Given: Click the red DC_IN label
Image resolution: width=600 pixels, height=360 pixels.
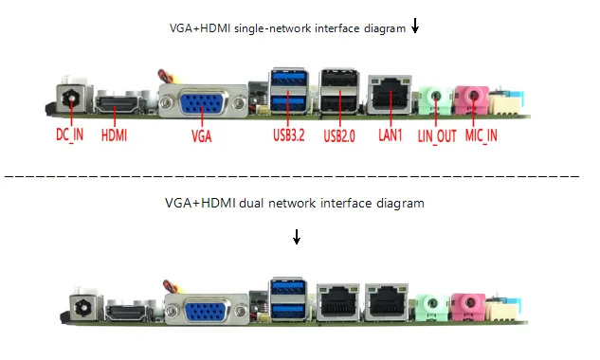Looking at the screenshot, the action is click(x=69, y=135).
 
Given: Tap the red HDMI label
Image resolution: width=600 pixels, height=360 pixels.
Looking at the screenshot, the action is click(x=114, y=135).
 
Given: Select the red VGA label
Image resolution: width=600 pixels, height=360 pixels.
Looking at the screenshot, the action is click(x=202, y=136).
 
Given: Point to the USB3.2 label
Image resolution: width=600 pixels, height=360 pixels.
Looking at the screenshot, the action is click(x=289, y=135).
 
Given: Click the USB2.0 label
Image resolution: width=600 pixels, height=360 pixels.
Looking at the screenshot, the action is click(x=339, y=135).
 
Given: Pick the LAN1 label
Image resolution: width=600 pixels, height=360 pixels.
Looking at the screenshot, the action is click(x=391, y=135).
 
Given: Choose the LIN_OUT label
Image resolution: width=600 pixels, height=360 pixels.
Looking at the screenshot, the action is click(x=437, y=136).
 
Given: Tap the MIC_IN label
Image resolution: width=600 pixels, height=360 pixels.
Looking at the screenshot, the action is click(x=482, y=135).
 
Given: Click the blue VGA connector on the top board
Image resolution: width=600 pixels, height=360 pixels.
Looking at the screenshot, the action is click(x=203, y=102).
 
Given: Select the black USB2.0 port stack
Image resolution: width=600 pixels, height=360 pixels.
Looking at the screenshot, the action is click(x=339, y=91).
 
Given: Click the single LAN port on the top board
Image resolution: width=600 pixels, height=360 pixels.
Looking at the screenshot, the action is click(x=390, y=95).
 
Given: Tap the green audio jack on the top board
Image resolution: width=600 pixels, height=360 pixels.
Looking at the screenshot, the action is click(x=435, y=99).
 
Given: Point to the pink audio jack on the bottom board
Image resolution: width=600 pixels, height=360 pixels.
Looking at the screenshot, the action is click(x=468, y=306).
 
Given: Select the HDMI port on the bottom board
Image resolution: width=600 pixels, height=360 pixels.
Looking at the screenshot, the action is click(x=126, y=313).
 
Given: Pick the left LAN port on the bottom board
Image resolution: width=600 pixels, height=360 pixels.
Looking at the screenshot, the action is click(x=337, y=302).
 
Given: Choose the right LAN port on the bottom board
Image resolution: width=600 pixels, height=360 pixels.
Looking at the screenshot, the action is click(x=387, y=302).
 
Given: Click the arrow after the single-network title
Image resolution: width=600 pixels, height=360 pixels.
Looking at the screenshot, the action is click(x=415, y=26).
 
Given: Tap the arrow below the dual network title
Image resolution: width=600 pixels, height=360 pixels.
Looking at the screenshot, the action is click(x=297, y=237).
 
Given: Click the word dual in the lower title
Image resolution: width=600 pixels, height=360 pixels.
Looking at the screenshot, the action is click(x=251, y=203).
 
